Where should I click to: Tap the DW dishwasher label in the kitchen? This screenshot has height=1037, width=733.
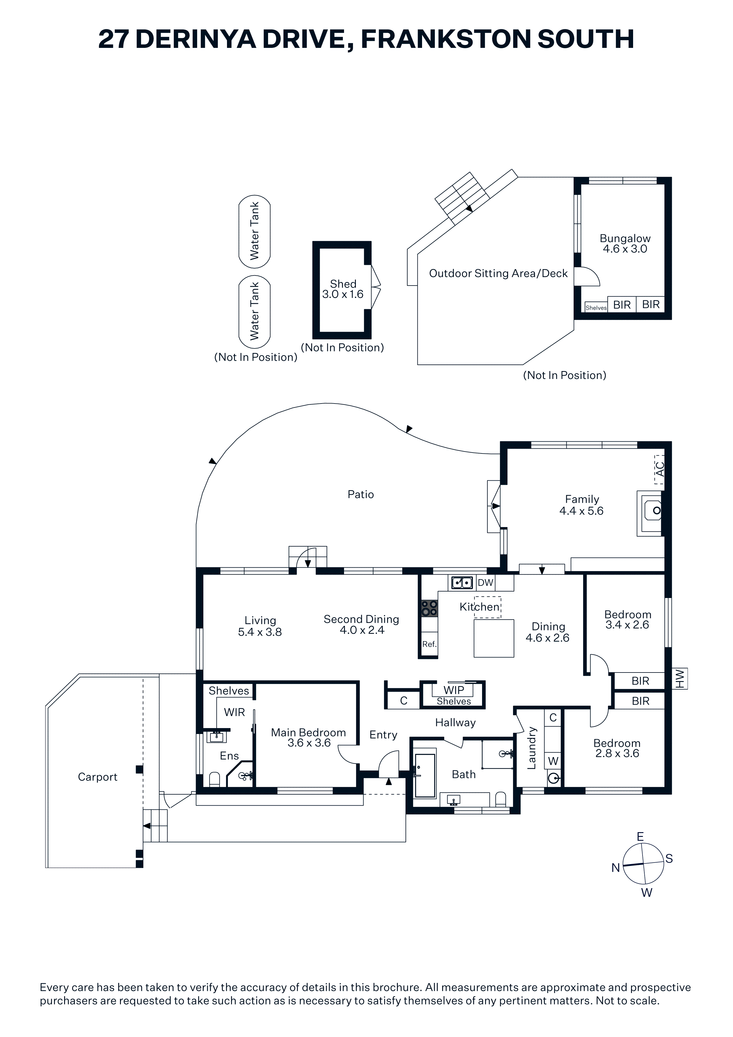point(486,583)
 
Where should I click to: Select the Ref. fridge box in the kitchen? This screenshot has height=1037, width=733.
point(429,644)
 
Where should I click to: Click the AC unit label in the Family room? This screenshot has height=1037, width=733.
point(659,469)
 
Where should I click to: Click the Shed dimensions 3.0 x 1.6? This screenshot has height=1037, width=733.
point(343,294)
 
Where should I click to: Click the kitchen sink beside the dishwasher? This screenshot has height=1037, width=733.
point(462,583)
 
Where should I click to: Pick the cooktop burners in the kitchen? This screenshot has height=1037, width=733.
point(429,608)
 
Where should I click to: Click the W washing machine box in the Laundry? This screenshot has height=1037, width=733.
point(553,761)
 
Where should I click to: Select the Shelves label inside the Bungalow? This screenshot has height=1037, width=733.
point(596,307)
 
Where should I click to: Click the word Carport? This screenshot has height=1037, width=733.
point(98,777)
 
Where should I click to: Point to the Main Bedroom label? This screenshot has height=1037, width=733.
point(309,732)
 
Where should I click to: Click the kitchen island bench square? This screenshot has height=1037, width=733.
point(494,638)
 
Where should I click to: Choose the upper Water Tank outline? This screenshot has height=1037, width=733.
point(254,231)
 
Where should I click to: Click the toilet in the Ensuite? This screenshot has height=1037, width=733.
point(215,779)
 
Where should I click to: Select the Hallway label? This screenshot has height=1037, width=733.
point(455,723)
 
